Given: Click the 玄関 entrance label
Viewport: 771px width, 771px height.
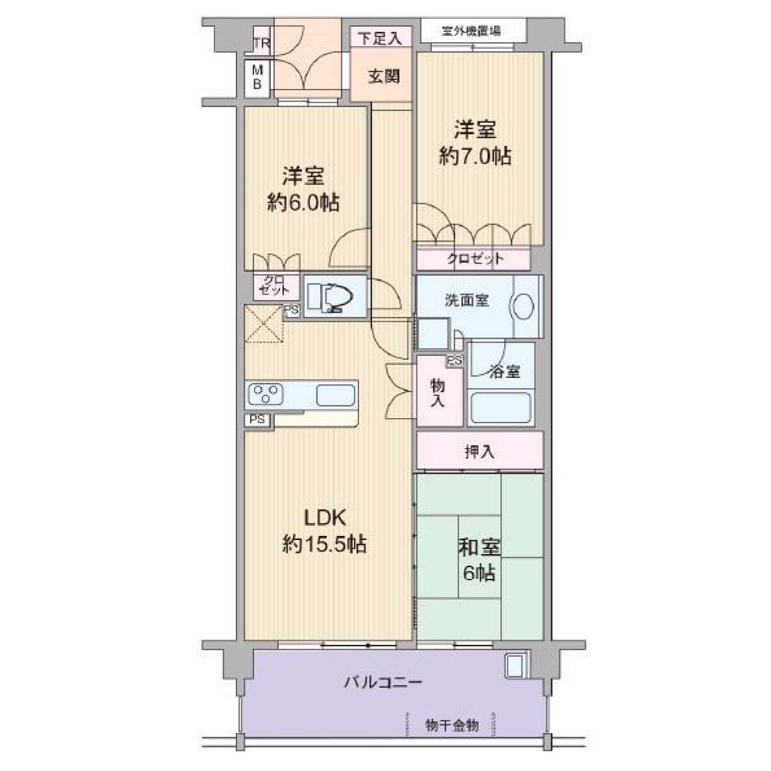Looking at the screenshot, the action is coord(383,76).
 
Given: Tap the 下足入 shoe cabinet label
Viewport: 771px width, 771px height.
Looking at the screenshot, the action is coord(380,38).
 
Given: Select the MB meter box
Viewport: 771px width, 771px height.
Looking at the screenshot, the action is coord(258,78).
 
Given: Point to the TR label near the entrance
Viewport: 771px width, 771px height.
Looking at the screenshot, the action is coord(262,43).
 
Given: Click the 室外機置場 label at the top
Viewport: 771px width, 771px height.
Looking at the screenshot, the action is coord(471,31).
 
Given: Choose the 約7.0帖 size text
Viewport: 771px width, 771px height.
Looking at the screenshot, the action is coord(475,156).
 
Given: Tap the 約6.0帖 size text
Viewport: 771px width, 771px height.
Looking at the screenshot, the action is coord(303,202).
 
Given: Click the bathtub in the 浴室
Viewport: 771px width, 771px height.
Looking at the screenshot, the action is coord(501,408).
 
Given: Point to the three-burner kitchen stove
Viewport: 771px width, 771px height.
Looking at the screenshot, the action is coord(265,394).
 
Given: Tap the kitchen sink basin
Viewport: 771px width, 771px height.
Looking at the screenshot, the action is coord(336,395).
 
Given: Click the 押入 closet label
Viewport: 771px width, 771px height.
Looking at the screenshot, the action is coord(480,452).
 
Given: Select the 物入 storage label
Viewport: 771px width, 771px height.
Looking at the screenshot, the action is coord(437,393).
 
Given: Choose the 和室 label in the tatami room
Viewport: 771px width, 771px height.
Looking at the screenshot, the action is coord(480,548).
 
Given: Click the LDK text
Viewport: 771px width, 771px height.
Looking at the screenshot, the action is coord(325,518).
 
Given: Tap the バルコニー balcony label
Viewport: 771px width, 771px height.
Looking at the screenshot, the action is coord(383,682).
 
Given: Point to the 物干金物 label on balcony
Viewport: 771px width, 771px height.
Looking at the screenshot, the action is coord(452,725).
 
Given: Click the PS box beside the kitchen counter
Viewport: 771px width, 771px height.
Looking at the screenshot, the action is coord(258,419).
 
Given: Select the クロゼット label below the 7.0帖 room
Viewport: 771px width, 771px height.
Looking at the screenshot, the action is coord(475,259).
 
